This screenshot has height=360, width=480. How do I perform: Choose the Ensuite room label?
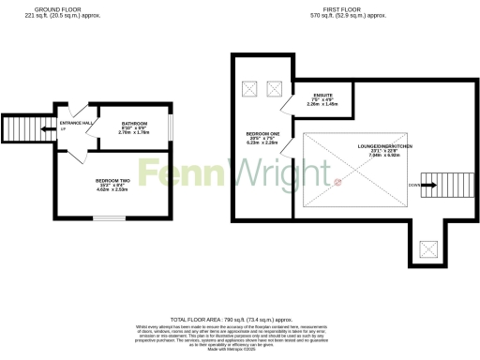324,96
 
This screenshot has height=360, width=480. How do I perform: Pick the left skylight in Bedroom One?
250,89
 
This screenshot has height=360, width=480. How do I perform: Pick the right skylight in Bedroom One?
275,89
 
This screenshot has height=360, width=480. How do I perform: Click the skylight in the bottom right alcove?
429,248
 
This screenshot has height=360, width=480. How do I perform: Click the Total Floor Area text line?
240,320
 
